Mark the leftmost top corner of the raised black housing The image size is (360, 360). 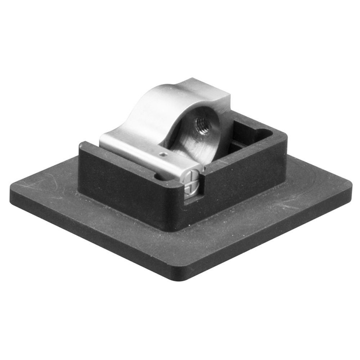(81, 145)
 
